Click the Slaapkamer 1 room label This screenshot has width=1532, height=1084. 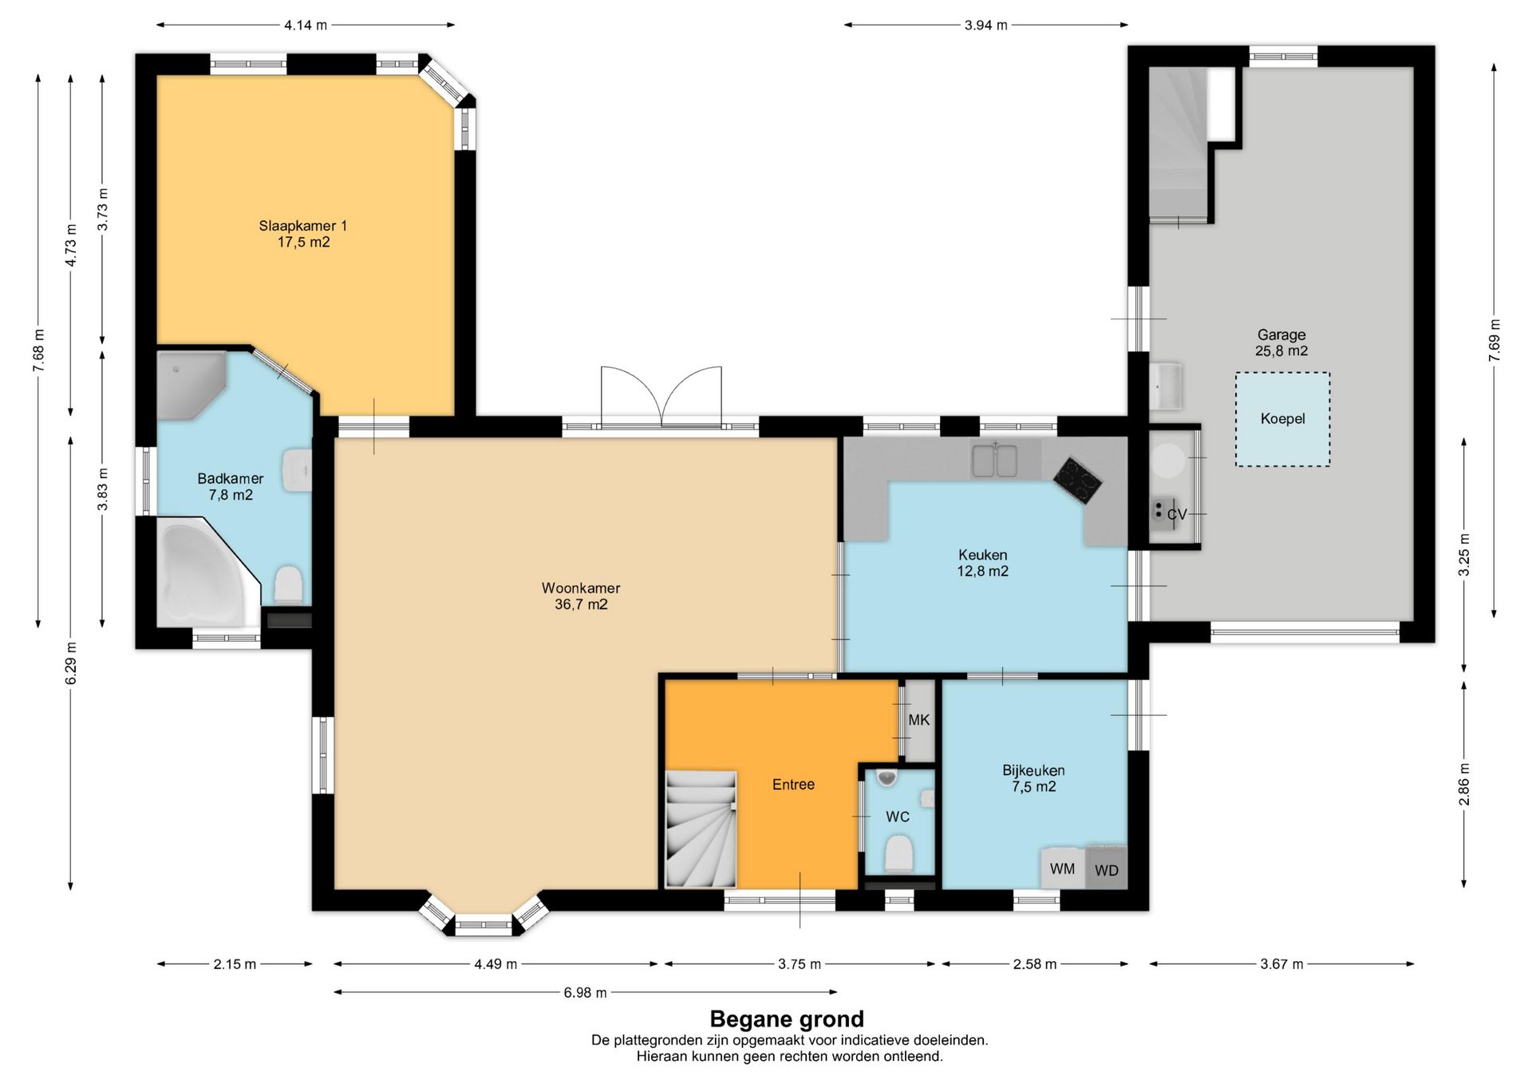(x=303, y=234)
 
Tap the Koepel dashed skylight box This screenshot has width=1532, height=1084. (x=1282, y=419)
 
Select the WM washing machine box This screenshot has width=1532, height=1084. (x=1063, y=868)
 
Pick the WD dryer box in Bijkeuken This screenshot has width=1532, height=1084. (x=1107, y=868)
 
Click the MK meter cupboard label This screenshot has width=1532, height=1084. (x=918, y=720)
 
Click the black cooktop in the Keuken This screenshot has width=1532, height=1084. (x=1077, y=481)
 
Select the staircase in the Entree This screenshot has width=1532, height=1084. (x=701, y=829)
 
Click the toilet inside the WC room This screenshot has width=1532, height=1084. (x=899, y=853)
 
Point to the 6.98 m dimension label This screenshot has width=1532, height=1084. (x=585, y=993)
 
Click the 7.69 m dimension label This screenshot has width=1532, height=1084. (x=1494, y=340)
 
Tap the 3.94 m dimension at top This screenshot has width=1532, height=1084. (x=985, y=25)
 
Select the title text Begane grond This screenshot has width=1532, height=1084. (x=787, y=1019)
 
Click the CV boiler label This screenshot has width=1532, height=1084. (x=1177, y=515)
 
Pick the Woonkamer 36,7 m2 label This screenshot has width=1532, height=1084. (x=581, y=596)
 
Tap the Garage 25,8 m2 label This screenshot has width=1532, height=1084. (x=1281, y=342)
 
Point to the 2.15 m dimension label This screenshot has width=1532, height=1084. (x=235, y=964)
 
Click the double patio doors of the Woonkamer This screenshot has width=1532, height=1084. (x=661, y=398)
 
